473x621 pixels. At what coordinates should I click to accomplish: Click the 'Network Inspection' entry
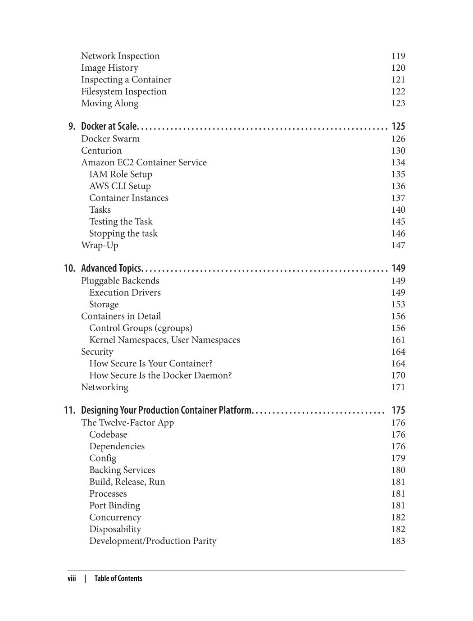click(x=120, y=56)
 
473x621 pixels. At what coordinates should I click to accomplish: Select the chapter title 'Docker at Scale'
click(x=109, y=126)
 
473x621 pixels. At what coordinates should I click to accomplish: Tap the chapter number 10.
click(x=69, y=269)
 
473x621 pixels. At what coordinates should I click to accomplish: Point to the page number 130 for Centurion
click(x=398, y=151)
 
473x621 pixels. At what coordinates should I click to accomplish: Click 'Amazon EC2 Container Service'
click(x=144, y=162)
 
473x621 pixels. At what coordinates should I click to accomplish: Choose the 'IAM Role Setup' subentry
click(x=121, y=174)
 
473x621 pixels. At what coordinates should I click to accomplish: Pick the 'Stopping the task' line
click(x=123, y=233)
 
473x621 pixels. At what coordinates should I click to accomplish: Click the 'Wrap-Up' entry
click(x=100, y=245)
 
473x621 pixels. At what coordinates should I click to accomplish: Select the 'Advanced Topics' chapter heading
click(x=111, y=269)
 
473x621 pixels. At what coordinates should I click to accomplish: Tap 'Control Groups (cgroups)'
click(x=141, y=328)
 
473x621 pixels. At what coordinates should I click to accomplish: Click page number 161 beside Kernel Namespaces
click(x=398, y=340)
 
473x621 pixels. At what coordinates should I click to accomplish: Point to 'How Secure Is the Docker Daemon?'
click(x=160, y=375)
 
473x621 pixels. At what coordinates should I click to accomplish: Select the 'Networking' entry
click(x=105, y=387)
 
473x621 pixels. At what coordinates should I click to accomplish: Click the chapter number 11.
click(x=69, y=411)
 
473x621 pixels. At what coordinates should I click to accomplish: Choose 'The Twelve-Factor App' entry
click(x=127, y=423)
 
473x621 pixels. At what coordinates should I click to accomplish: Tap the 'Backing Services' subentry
click(x=122, y=470)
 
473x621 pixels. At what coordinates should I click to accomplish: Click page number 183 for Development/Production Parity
click(x=398, y=541)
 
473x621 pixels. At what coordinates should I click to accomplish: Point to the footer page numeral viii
click(x=72, y=579)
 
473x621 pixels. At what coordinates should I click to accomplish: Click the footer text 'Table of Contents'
click(x=118, y=579)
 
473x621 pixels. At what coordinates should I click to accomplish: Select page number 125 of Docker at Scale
click(x=398, y=126)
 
